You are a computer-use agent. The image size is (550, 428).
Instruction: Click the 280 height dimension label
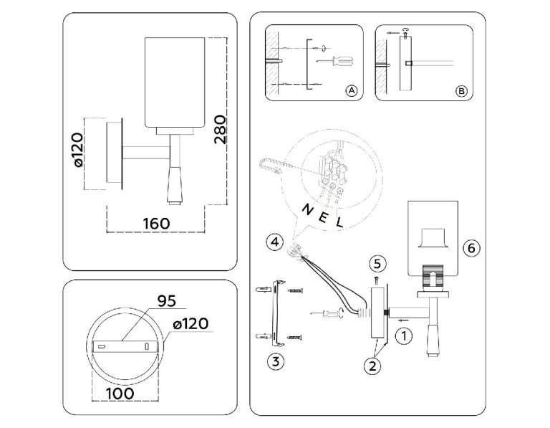(x=221, y=129)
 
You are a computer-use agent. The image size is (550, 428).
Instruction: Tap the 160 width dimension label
(x=156, y=223)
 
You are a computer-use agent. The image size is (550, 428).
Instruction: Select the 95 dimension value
(x=167, y=301)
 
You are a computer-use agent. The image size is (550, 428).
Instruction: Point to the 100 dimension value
(x=120, y=394)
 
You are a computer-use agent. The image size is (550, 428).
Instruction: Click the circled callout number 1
(x=404, y=336)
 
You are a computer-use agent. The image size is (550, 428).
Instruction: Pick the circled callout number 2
(x=372, y=366)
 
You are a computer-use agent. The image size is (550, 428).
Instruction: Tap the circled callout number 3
(x=276, y=361)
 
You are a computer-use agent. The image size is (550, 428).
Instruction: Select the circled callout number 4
(x=275, y=242)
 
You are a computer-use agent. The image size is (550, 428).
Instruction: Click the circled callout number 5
(x=377, y=264)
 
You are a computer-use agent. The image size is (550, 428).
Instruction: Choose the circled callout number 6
(x=471, y=248)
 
